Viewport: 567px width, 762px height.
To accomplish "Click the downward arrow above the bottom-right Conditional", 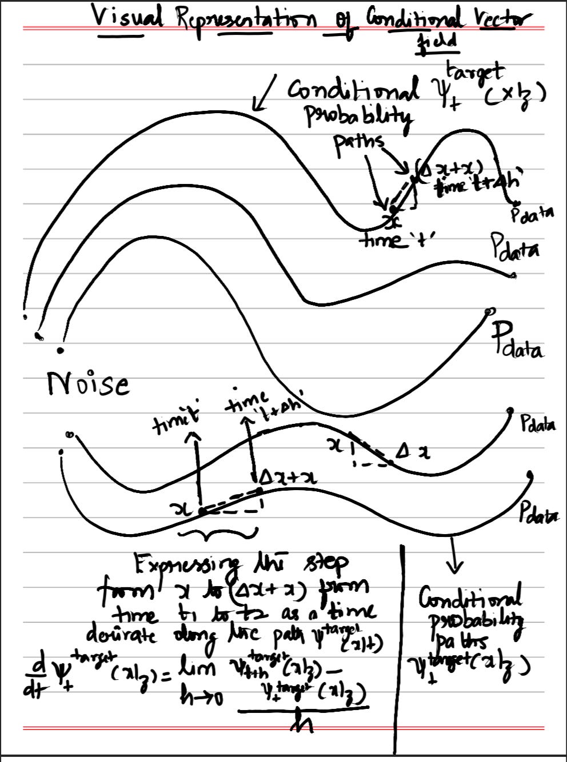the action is point(456,559).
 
